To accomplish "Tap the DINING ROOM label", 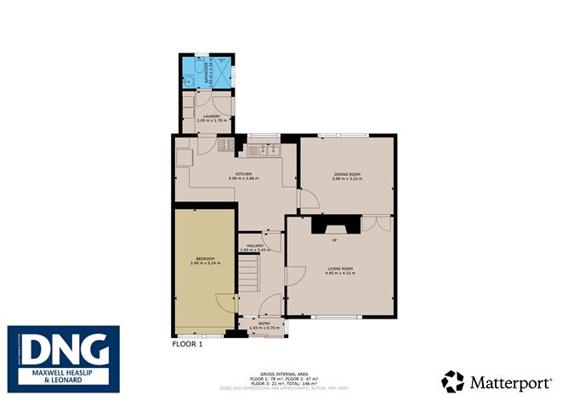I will (346, 174).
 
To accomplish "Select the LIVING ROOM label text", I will (339, 269).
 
